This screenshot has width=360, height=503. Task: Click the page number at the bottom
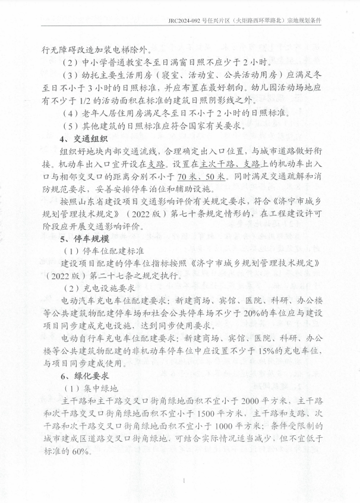pyautogui.click(x=185, y=481)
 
